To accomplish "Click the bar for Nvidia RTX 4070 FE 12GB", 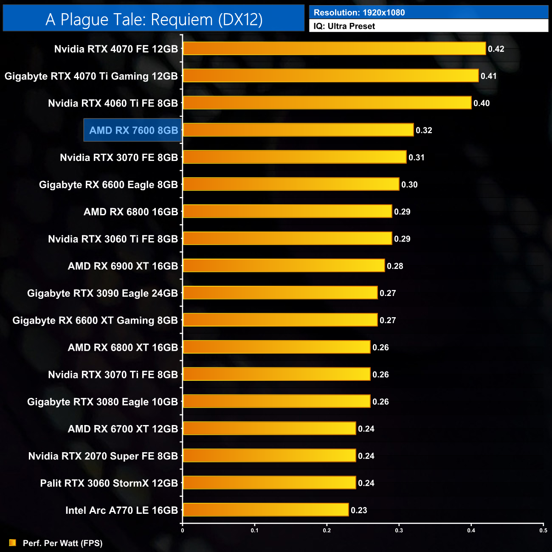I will [x=334, y=48].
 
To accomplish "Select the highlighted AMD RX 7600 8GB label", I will [x=133, y=130].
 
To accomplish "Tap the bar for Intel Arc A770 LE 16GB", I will [x=265, y=510].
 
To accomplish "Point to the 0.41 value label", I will [x=489, y=76].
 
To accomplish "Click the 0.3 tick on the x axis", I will [x=399, y=530].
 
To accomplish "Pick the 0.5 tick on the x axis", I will [x=543, y=530].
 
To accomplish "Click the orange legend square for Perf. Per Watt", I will [x=13, y=543].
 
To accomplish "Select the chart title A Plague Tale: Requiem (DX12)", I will [x=154, y=19].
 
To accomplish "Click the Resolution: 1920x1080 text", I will [x=359, y=12].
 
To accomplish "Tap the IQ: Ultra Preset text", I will [x=344, y=26].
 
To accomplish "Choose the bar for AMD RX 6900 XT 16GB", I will [x=284, y=265].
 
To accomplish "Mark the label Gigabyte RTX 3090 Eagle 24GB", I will [x=102, y=293].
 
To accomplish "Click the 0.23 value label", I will [x=359, y=510].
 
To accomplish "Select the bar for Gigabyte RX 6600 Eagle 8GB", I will [x=291, y=184].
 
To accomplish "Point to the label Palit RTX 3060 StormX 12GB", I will [x=109, y=483].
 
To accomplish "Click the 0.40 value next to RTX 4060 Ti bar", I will [x=482, y=103].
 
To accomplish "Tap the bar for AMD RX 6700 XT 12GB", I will [x=269, y=428].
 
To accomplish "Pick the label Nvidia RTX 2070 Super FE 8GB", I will [x=103, y=456].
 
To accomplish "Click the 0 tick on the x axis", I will [x=183, y=530].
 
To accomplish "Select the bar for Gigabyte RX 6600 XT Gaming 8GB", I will [x=280, y=320].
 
